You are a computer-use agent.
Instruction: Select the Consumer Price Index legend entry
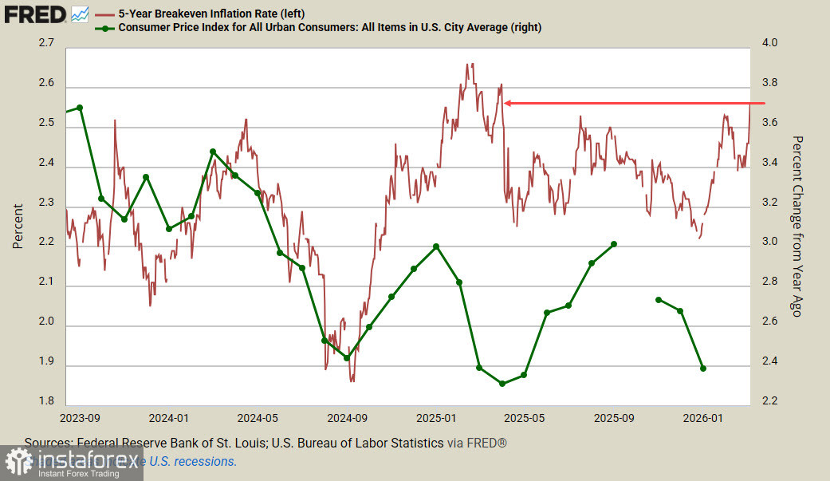coord(329,27)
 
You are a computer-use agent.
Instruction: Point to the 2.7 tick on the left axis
coord(45,43)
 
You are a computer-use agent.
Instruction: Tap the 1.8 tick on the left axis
coord(45,401)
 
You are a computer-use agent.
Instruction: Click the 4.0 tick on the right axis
coord(770,43)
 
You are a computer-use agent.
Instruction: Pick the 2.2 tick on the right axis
coord(770,401)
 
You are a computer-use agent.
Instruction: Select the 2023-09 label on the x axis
coord(80,417)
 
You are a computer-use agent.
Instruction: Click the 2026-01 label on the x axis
coord(704,417)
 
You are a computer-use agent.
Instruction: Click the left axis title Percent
coord(18,225)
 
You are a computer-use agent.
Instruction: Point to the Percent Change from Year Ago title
coord(795,226)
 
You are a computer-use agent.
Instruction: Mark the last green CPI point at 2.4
coord(703,369)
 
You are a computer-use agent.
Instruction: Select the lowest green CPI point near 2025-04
coord(502,384)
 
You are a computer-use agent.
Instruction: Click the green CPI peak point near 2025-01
coord(436,246)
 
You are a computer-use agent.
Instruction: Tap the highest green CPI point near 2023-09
coord(80,108)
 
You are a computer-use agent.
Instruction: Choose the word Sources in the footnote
coord(47,443)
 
